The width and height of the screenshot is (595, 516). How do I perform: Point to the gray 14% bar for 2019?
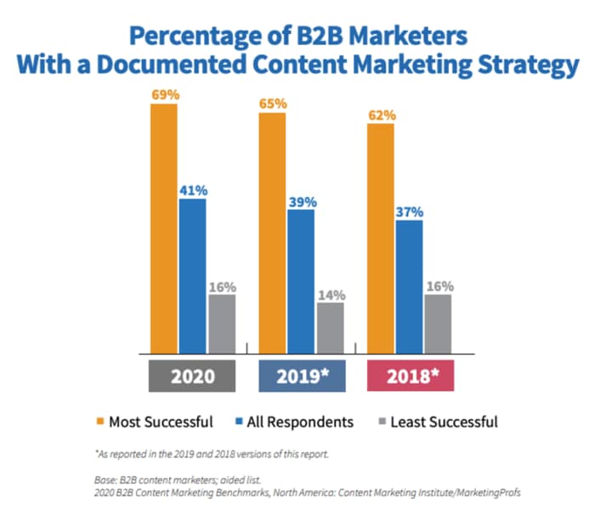click(330, 327)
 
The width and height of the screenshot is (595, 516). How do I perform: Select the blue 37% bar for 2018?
click(409, 286)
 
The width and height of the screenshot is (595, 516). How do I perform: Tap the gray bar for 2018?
click(438, 323)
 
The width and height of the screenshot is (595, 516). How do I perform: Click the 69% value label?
click(165, 94)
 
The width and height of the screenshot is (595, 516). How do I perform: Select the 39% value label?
click(302, 201)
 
